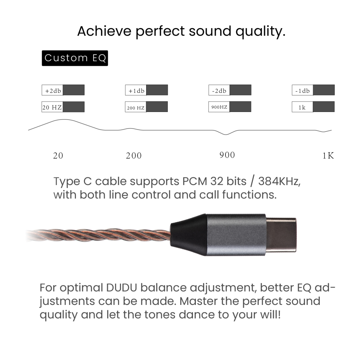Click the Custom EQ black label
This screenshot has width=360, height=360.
coord(75,58)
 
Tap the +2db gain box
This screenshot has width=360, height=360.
coord(63,90)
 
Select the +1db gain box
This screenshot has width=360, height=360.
coord(146,90)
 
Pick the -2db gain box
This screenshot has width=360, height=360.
coord(230,90)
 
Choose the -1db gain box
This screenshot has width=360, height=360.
coord(313,90)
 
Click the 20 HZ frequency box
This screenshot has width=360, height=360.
coord(63,107)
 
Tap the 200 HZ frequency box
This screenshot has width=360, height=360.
coord(146,107)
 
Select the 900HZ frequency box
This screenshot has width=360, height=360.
coord(230,107)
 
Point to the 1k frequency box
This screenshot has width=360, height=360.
coord(313,107)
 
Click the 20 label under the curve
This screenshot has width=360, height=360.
coord(58,156)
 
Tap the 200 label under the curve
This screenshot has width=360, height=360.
coord(134,156)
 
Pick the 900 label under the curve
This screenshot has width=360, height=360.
coord(227,155)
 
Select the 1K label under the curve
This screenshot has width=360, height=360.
coord(328,156)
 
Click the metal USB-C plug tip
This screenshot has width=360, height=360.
coord(281,235)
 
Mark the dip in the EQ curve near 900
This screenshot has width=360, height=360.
coord(226,134)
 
